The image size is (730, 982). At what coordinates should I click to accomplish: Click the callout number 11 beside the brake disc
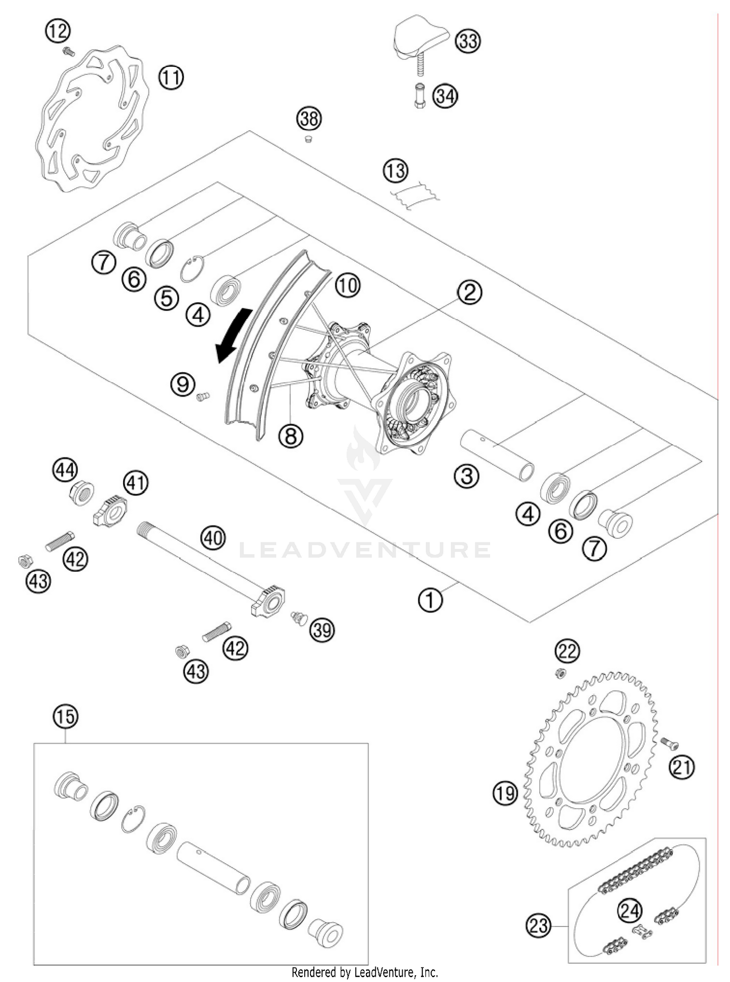point(171,77)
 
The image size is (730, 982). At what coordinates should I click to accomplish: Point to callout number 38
point(309,118)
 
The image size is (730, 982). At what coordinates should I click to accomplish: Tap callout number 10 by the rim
point(347,285)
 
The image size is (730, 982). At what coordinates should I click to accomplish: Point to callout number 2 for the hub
point(469,292)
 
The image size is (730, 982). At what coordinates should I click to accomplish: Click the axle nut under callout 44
point(81,494)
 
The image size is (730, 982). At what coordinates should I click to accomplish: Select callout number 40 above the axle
point(213,538)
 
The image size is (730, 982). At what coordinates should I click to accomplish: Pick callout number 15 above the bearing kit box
point(66,716)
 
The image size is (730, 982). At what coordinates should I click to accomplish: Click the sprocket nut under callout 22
point(560,673)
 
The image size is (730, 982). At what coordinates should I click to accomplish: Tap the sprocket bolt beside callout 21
point(670,743)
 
